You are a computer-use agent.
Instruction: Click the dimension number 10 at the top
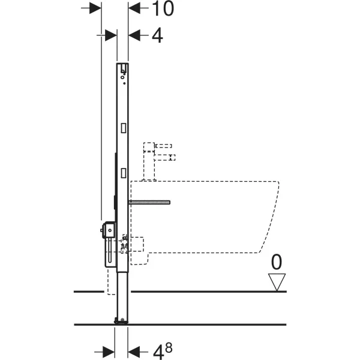tap(163, 8)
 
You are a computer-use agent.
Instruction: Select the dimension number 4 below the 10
tap(157, 35)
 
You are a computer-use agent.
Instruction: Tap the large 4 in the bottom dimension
tap(158, 352)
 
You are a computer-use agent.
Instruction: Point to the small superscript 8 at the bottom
tap(169, 348)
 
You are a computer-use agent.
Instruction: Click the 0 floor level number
tap(277, 262)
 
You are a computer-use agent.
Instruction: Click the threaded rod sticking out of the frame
tap(149, 202)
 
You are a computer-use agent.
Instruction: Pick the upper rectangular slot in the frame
tap(124, 128)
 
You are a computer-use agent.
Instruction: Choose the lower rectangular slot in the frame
tap(124, 173)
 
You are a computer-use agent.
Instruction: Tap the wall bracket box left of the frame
tap(109, 230)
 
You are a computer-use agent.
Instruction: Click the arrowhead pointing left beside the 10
tap(134, 8)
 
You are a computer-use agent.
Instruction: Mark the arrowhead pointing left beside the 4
tap(134, 35)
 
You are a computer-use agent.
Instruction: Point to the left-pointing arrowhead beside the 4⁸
tap(134, 352)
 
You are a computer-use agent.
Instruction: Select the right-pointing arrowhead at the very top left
tap(95, 8)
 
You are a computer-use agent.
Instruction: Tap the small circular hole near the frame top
tap(122, 77)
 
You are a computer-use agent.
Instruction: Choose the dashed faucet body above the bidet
tap(149, 161)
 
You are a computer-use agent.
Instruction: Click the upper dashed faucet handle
tap(163, 146)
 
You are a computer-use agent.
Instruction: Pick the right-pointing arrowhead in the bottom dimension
tap(109, 352)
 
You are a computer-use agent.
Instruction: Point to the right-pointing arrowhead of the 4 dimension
tap(111, 35)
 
